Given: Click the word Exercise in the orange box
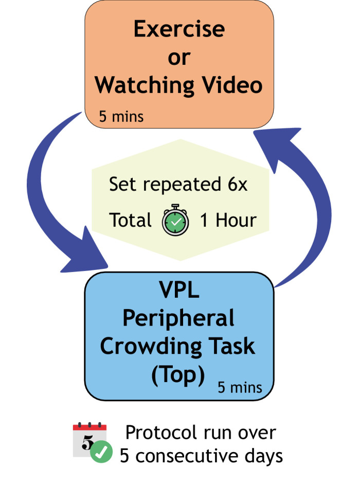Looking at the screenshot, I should pos(178,30).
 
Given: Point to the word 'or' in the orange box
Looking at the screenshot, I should pos(178,58).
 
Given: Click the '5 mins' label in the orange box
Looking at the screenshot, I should pos(121,116).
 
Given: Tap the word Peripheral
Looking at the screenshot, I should pos(178,320).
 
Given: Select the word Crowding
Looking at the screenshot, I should pos(146,346).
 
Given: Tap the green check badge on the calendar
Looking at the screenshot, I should pos(102,453).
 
